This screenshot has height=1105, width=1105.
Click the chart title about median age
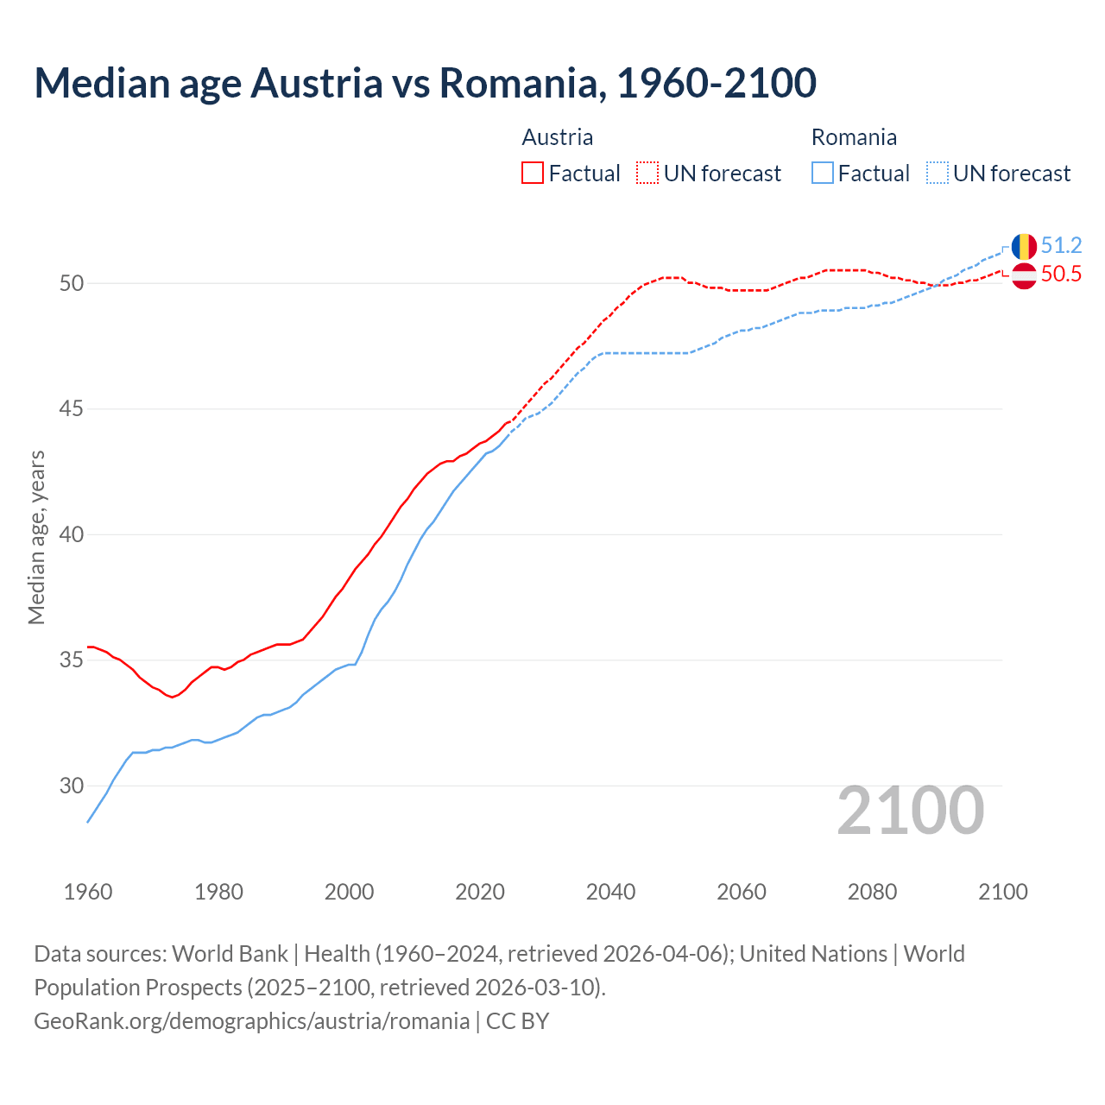(425, 83)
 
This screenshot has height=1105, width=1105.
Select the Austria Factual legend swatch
(533, 173)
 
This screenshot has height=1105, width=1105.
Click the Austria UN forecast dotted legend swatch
(647, 173)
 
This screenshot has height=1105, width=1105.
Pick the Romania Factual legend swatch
(823, 173)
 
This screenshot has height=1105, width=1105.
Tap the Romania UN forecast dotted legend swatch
(938, 173)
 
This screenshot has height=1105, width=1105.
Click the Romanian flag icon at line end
(1024, 247)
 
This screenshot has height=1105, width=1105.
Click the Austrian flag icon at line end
(1024, 276)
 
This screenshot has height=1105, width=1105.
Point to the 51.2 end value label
(1061, 245)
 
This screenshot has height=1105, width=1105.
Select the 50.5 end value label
(1061, 275)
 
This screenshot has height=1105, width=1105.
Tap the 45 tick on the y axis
(72, 408)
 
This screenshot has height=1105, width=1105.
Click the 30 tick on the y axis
(72, 786)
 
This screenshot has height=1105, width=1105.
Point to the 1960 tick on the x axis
(88, 892)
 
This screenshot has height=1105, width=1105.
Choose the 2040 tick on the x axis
(610, 892)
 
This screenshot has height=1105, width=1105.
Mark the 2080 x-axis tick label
(872, 892)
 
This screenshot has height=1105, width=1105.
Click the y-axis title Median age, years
(36, 537)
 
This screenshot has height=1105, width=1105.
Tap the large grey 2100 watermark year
(910, 810)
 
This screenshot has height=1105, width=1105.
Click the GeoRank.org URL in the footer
(251, 1020)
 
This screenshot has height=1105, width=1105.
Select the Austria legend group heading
(558, 137)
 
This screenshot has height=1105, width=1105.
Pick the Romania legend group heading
(854, 137)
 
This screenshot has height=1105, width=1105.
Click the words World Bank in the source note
(230, 953)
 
